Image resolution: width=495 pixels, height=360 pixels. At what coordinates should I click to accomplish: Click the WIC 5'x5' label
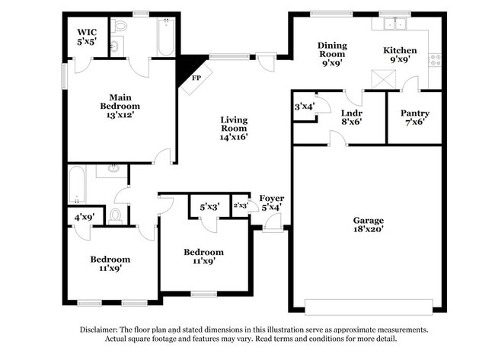click(x=85, y=38)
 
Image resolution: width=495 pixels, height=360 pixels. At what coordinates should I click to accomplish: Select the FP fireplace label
click(x=196, y=78)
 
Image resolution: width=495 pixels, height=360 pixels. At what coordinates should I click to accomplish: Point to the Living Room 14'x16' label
click(x=234, y=128)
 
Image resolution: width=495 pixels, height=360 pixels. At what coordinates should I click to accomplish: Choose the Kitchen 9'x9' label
click(x=399, y=55)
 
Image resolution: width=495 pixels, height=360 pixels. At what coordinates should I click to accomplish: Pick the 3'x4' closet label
click(x=304, y=107)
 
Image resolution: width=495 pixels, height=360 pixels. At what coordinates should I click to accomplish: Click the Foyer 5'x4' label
click(x=272, y=202)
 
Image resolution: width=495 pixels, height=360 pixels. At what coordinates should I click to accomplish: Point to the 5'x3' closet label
click(x=210, y=206)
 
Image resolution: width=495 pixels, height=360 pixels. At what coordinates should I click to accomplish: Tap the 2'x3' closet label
click(x=240, y=205)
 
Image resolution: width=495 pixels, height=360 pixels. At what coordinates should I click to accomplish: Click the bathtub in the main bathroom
click(x=167, y=37)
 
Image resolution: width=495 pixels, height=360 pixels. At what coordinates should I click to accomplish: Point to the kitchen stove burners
click(x=436, y=58)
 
